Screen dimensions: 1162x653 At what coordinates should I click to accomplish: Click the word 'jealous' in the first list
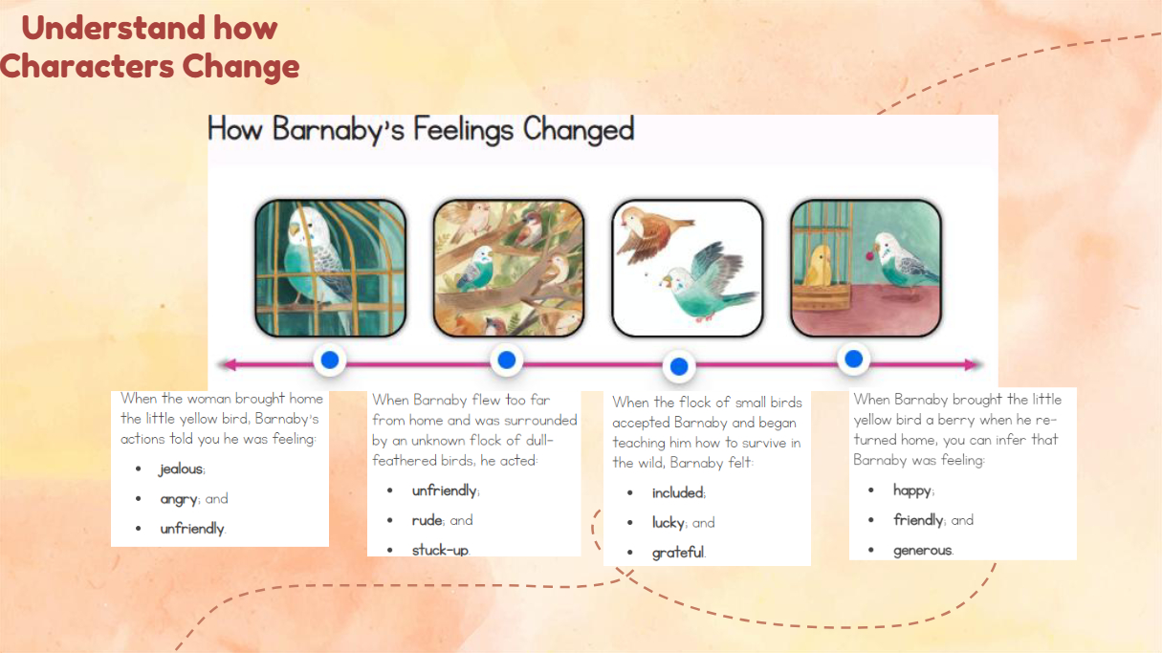click(x=181, y=469)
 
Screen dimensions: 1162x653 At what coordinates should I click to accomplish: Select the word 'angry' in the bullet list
click(x=179, y=499)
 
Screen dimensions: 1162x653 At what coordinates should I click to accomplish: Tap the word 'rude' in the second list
click(x=427, y=520)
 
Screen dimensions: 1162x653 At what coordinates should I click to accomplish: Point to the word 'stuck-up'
click(x=439, y=550)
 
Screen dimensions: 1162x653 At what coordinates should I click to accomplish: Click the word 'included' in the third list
click(x=677, y=492)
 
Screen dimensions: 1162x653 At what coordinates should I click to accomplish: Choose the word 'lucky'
click(x=668, y=523)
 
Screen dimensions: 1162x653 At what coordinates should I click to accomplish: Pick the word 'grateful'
click(x=677, y=553)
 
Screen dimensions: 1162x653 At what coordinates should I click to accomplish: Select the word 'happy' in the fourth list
click(x=911, y=490)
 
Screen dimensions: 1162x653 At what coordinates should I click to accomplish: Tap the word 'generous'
click(x=922, y=551)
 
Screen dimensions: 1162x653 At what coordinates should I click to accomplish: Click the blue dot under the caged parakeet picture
click(x=330, y=359)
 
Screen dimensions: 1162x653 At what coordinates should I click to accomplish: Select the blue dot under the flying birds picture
click(x=679, y=367)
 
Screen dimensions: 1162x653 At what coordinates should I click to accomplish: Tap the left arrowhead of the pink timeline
click(x=229, y=364)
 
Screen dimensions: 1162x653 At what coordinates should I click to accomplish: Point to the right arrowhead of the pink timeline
click(x=971, y=364)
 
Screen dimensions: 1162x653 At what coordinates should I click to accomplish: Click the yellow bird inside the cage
click(x=820, y=266)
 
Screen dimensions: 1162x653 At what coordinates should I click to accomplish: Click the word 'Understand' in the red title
click(x=114, y=28)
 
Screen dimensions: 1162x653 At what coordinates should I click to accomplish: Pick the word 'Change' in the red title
click(x=241, y=66)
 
